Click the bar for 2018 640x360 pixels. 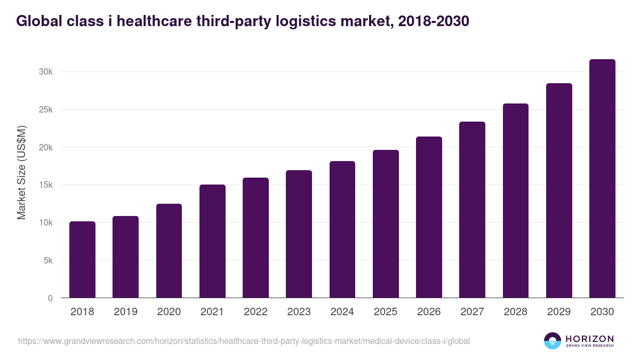coord(82,260)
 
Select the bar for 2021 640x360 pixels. coord(212,241)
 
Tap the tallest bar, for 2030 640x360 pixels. coord(602,179)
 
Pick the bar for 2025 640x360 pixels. coord(386,224)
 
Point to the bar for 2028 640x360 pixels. coord(516,201)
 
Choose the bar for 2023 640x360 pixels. coord(299,234)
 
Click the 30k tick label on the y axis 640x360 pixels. coord(45,72)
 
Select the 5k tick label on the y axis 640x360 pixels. coord(47,261)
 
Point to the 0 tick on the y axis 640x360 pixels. coord(50,298)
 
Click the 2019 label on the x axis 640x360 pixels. coord(125,312)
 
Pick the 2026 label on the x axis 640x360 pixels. coord(429,312)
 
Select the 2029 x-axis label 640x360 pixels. coord(559,312)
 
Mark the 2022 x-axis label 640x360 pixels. coord(255,312)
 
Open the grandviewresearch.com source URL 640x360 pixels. coord(244,341)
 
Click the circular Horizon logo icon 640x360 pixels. coord(553,341)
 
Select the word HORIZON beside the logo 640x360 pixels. coord(589,338)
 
